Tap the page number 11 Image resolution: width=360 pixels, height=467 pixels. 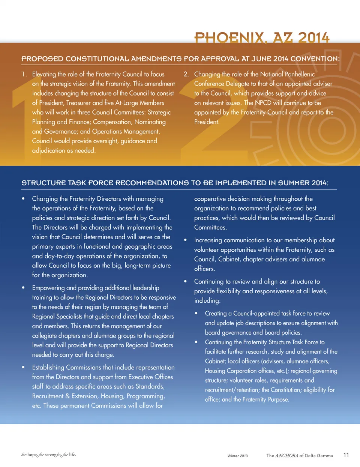[346, 455]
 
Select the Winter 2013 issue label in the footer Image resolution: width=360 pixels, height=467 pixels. [237, 456]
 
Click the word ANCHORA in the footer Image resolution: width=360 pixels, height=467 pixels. [287, 455]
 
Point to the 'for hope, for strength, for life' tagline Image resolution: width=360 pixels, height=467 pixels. [49, 455]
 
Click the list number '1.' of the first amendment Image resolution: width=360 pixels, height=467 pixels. [24, 74]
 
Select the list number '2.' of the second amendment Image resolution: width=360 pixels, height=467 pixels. [186, 74]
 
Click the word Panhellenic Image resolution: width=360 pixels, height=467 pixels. [294, 74]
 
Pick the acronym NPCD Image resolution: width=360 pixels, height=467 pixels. [263, 103]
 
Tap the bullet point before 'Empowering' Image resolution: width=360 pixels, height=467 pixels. [23, 288]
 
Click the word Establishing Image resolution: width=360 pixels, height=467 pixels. [48, 368]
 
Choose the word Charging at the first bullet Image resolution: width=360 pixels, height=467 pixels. [45, 199]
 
